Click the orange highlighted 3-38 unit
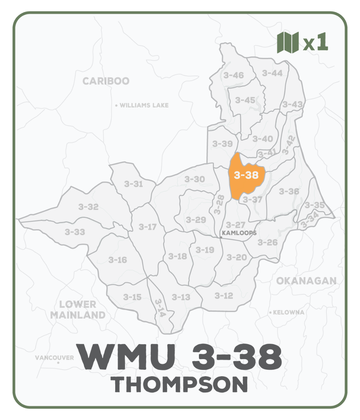pos(246,175)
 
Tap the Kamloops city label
pos(239,233)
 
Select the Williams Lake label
pos(144,105)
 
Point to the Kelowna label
pos(288,312)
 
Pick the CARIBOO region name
pos(106,81)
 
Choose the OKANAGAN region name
pos(306,281)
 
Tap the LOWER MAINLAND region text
pos(78,310)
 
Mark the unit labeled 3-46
pos(233,75)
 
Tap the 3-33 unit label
pos(75,232)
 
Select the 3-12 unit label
pos(223,296)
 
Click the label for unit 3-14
pos(159,308)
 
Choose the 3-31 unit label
pos(133,184)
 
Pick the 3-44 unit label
pos(272,73)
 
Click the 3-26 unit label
pos(268,242)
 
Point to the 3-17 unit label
pos(147,227)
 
